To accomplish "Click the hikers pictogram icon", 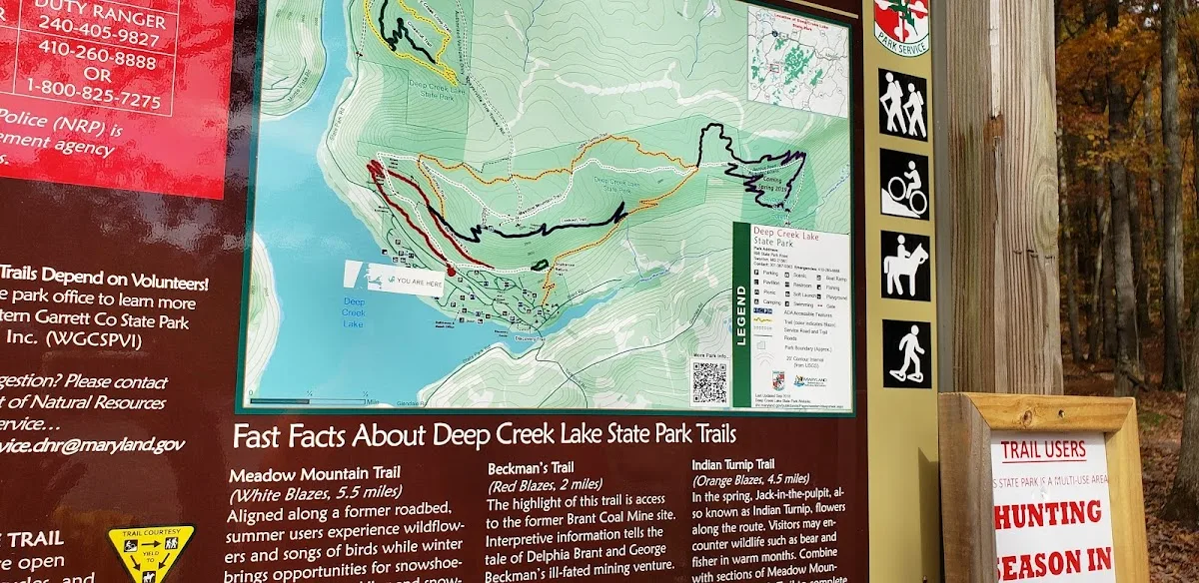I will (x=903, y=104).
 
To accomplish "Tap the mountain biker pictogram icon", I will (x=904, y=185).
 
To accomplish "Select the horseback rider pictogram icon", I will (x=905, y=266).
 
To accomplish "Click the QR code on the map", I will (x=710, y=381).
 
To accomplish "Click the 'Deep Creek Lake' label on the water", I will (x=354, y=311).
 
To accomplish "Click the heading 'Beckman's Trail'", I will (x=531, y=467).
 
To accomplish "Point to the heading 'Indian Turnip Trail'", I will (x=732, y=464).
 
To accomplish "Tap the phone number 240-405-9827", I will (x=112, y=39).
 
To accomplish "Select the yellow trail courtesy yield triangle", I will (x=152, y=550).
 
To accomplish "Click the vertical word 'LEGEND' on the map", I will (x=740, y=314).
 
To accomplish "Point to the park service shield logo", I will (x=901, y=25).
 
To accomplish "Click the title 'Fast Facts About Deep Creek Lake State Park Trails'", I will (x=485, y=436).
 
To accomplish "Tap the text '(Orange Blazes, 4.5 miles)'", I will (x=750, y=479).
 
